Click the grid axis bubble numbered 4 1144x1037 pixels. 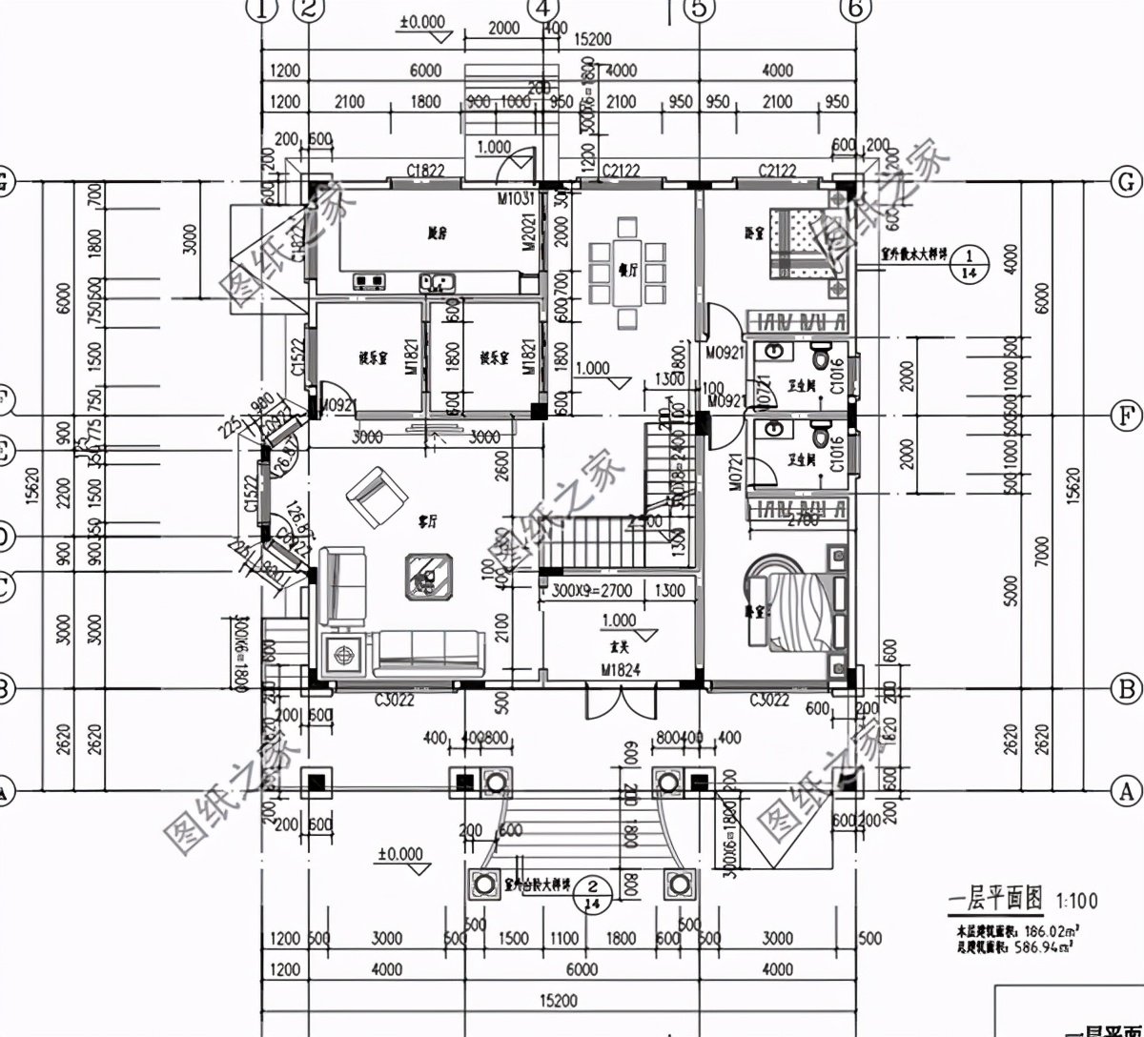click(x=541, y=10)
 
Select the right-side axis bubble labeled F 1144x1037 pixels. click(x=1127, y=416)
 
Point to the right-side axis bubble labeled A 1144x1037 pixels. click(x=1127, y=790)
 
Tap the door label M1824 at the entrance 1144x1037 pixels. click(x=620, y=670)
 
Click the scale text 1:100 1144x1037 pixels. click(x=1075, y=900)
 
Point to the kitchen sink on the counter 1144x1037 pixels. click(x=439, y=282)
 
